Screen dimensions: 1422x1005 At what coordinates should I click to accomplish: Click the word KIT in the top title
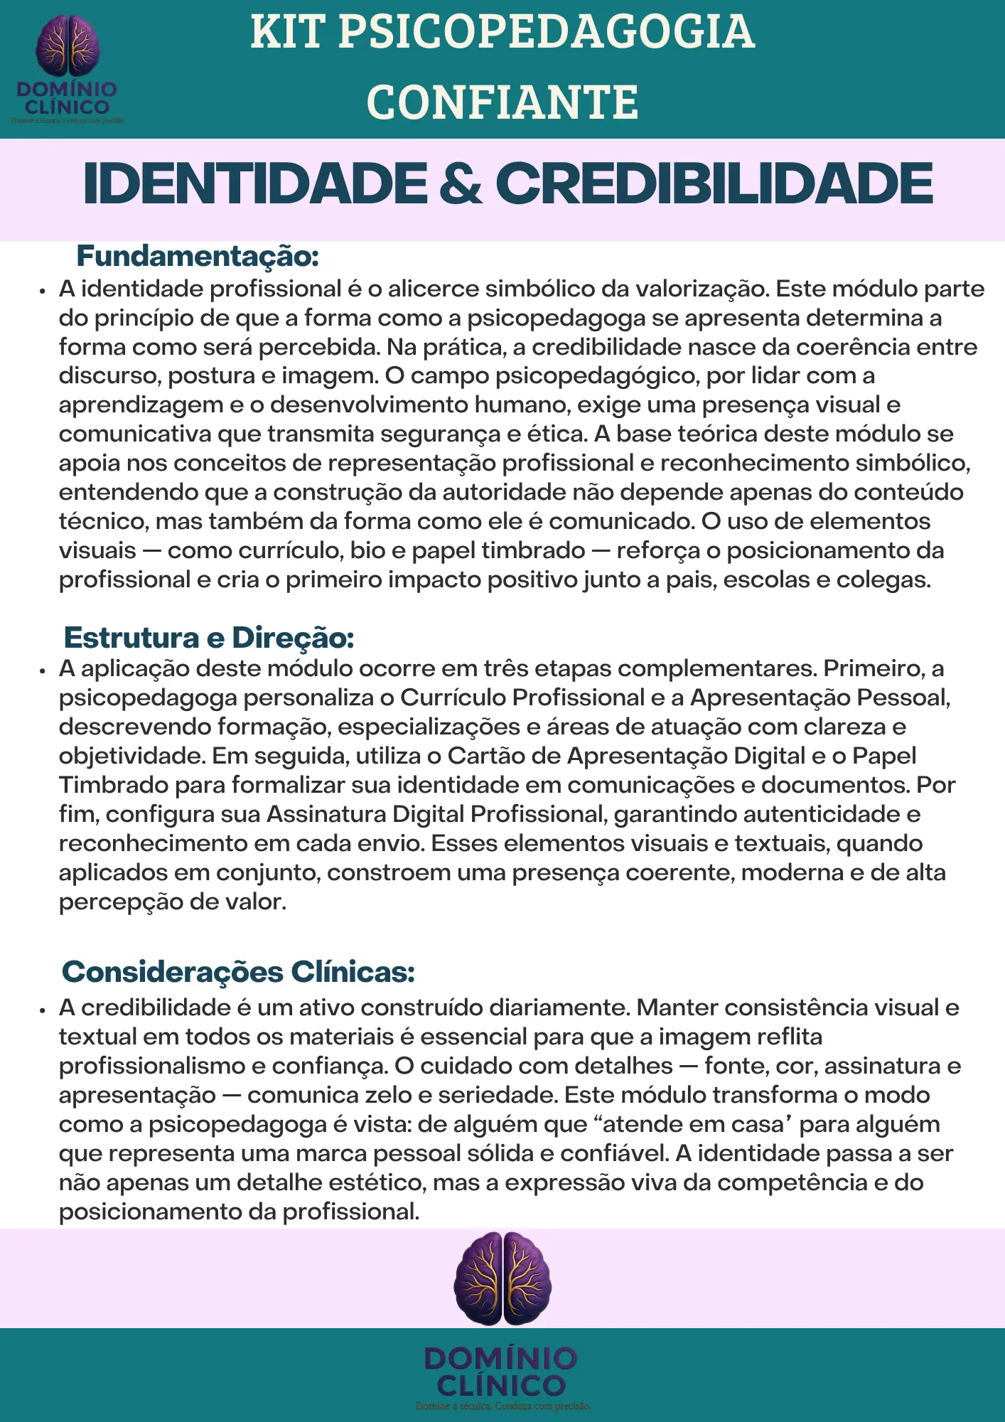click(x=287, y=33)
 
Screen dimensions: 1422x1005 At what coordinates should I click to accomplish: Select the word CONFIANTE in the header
click(x=502, y=102)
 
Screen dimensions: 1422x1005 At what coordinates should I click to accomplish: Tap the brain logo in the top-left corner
click(x=68, y=46)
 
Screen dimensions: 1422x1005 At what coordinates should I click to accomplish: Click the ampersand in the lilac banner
click(x=461, y=184)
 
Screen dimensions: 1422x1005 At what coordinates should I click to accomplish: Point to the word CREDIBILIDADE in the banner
click(x=714, y=184)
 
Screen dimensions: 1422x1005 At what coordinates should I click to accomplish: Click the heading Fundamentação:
click(x=198, y=256)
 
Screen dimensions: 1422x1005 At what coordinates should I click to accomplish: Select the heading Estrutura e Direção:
click(x=209, y=638)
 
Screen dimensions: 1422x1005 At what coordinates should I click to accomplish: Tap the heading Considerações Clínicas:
click(x=238, y=972)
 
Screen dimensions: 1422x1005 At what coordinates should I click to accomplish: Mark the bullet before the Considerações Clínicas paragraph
click(x=43, y=1010)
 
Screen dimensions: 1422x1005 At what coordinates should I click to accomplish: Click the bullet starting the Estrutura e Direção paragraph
click(x=43, y=670)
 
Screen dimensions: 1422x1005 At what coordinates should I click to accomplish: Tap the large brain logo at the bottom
click(x=502, y=1278)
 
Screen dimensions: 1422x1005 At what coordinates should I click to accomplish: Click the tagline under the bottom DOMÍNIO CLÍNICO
click(x=502, y=1406)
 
